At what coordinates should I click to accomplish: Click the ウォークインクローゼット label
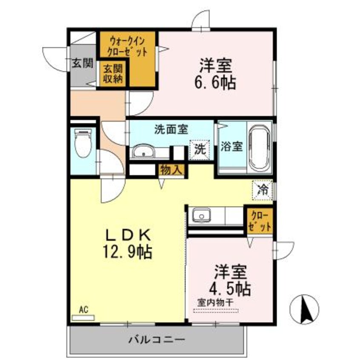coord(128,47)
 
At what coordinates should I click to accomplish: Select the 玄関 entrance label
coord(82,64)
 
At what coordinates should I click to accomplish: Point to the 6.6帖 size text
coord(217,82)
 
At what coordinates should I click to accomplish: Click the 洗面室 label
coord(171,129)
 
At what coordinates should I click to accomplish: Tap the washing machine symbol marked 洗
coord(199,149)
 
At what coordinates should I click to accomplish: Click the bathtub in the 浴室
coord(260,147)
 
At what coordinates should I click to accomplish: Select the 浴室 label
coord(232,146)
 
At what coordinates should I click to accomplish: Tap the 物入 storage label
coord(171,170)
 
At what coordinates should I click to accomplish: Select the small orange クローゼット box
coord(259,220)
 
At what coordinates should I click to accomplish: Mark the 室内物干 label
coord(215,302)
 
